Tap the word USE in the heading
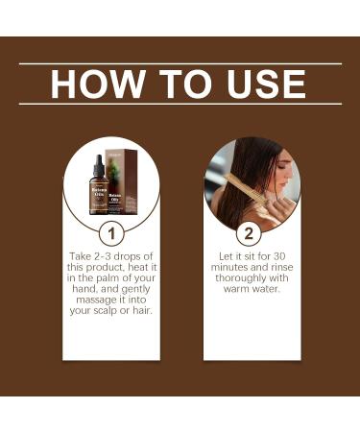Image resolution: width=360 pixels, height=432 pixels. coord(260,84)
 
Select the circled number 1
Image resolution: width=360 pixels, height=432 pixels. coord(110,233)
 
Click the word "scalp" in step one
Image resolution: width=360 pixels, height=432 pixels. coord(110,310)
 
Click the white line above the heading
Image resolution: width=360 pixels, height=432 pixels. coord(180,63)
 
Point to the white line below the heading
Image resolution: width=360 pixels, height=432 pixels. coord(180,104)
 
